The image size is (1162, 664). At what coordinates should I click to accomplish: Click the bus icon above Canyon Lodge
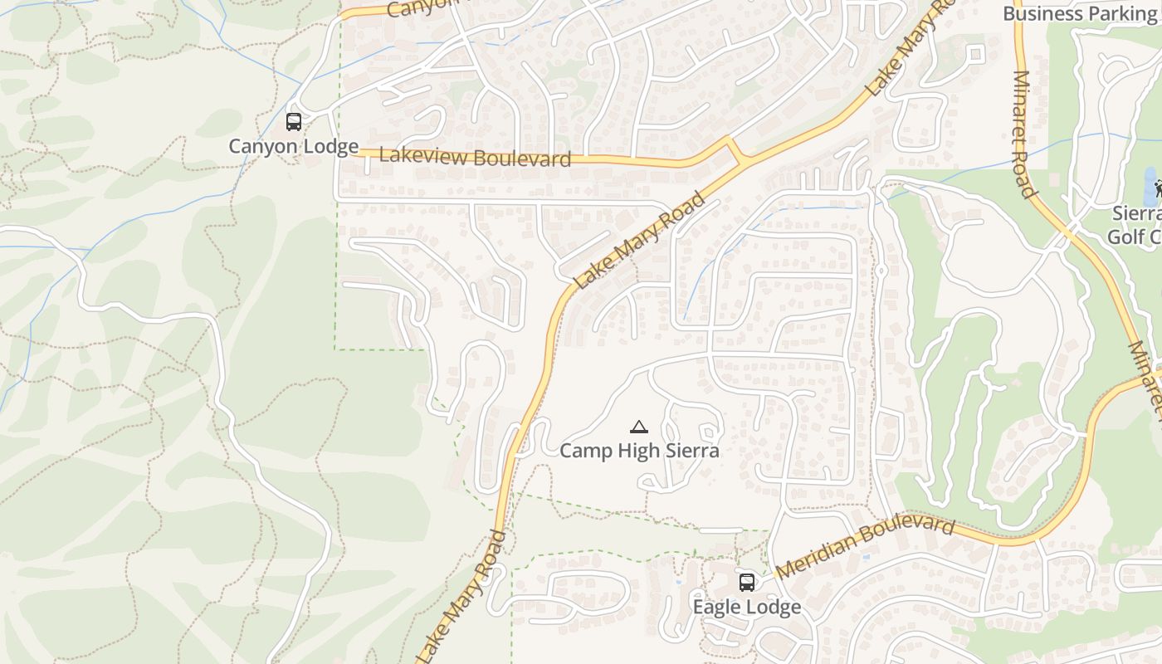point(293,122)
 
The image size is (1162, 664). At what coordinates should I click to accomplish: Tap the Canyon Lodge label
point(293,146)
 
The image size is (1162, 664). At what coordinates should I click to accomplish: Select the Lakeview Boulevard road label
point(475,157)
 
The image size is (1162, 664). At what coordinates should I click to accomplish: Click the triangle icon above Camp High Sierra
point(638,427)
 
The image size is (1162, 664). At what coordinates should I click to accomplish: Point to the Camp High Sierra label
point(639,451)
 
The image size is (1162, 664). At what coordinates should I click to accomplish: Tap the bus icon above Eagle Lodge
point(747,583)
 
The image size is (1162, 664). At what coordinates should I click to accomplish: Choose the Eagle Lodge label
point(747,607)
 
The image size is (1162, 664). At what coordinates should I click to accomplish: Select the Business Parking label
point(1079,13)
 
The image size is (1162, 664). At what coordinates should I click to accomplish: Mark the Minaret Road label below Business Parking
point(1024,134)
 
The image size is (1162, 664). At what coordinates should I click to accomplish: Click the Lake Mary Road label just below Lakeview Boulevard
point(640,242)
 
